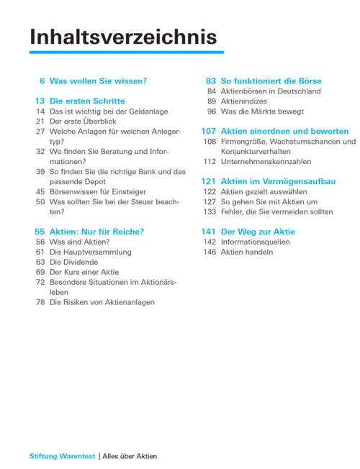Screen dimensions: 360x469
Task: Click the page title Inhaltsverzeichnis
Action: click(122, 37)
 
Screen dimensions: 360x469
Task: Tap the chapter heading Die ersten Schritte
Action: click(87, 101)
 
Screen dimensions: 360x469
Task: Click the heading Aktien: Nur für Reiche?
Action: click(96, 232)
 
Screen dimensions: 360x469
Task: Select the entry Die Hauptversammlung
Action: click(91, 252)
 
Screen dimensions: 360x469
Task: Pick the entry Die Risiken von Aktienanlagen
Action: click(102, 303)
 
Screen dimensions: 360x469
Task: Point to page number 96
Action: click(212, 111)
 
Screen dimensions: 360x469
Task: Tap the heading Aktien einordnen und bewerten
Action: click(285, 132)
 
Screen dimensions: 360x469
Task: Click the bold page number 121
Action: click(209, 182)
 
